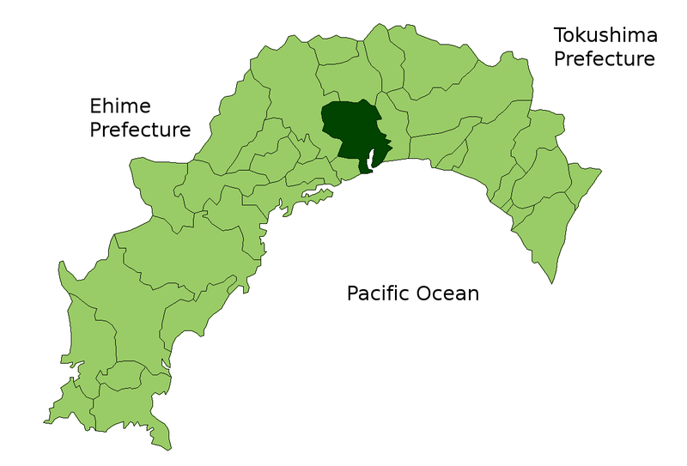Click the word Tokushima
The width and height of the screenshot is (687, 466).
coord(606,36)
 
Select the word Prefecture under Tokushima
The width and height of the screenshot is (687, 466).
coord(605,58)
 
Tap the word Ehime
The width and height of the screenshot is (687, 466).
coord(120,106)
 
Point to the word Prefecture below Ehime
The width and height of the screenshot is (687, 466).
coord(140,130)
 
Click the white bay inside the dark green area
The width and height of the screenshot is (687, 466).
coord(374,159)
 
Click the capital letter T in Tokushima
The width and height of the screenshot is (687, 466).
coord(560,36)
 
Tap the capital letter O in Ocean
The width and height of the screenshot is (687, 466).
coord(425,294)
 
